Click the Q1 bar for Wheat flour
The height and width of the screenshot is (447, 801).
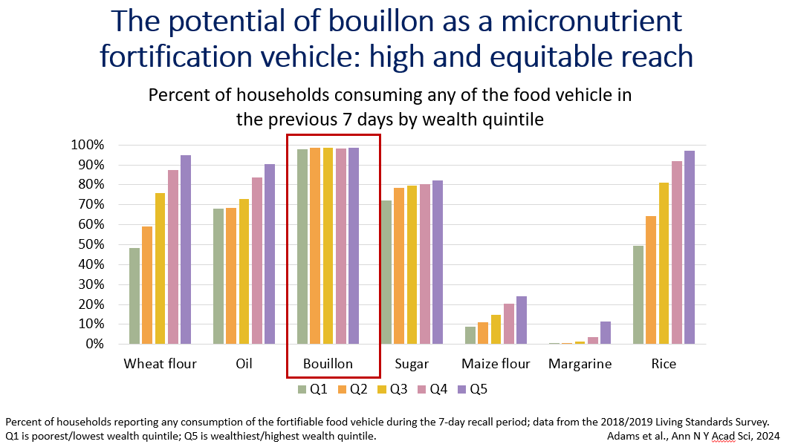pyautogui.click(x=134, y=296)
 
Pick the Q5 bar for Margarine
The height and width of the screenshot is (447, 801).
pyautogui.click(x=606, y=333)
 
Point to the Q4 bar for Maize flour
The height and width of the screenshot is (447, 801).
pyautogui.click(x=508, y=324)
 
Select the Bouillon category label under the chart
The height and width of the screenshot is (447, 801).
pyautogui.click(x=328, y=364)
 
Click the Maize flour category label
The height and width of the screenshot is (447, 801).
pyautogui.click(x=496, y=364)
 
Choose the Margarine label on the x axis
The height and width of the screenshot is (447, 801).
pyautogui.click(x=580, y=364)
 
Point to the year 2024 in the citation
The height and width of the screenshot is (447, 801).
pyautogui.click(x=752, y=436)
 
